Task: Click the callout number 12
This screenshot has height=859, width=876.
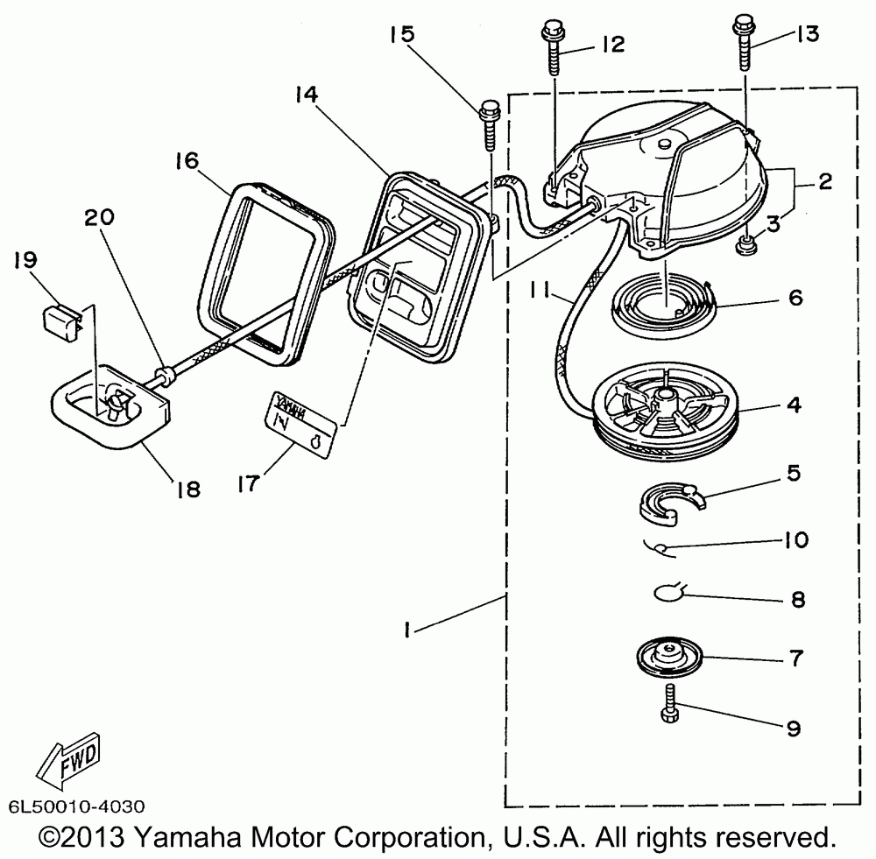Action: (611, 45)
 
